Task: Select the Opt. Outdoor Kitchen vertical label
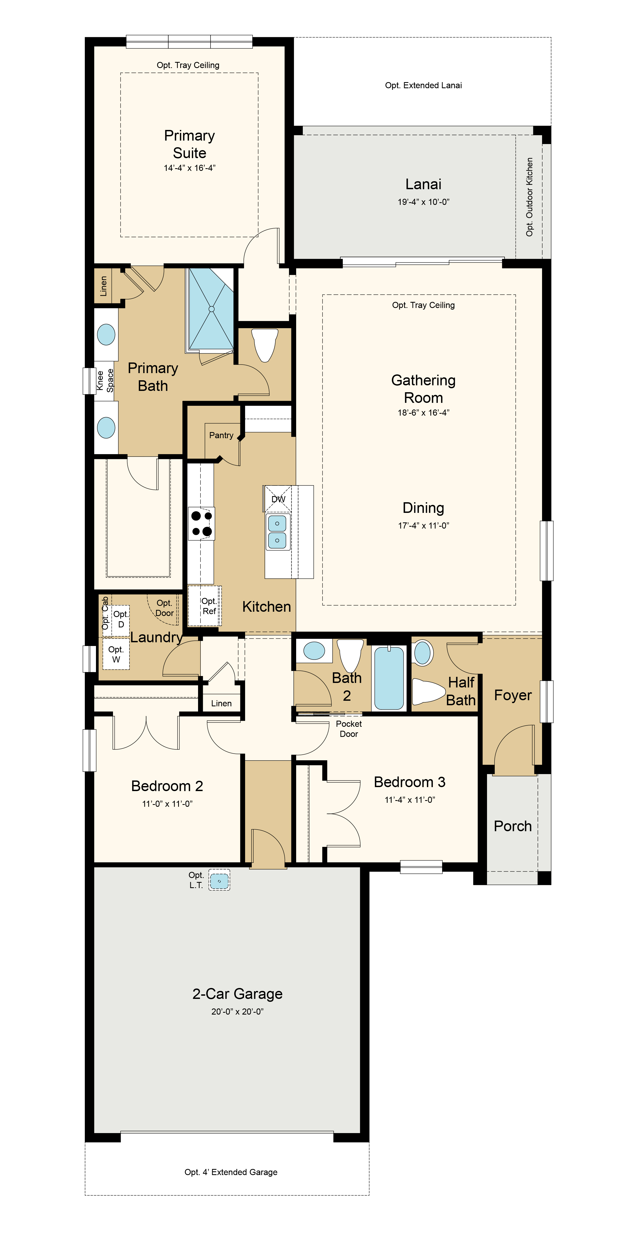(x=529, y=197)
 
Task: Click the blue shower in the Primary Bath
(x=211, y=309)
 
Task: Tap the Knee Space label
(x=105, y=381)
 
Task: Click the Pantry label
(x=221, y=435)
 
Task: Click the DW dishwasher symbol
(x=278, y=499)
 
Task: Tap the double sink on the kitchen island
(x=277, y=532)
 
